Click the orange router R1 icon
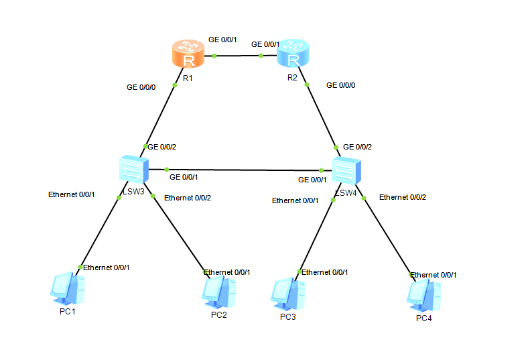(187, 54)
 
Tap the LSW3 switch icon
(131, 169)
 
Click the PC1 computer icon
(68, 288)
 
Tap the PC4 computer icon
(424, 294)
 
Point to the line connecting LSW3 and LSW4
(241, 170)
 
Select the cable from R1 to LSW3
(161, 114)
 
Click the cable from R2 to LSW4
(320, 114)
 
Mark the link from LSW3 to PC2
(180, 235)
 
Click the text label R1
(188, 78)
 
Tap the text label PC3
(287, 316)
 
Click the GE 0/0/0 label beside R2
(340, 86)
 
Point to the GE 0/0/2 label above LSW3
(162, 147)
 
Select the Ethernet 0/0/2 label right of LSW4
(402, 197)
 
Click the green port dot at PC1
(80, 267)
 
